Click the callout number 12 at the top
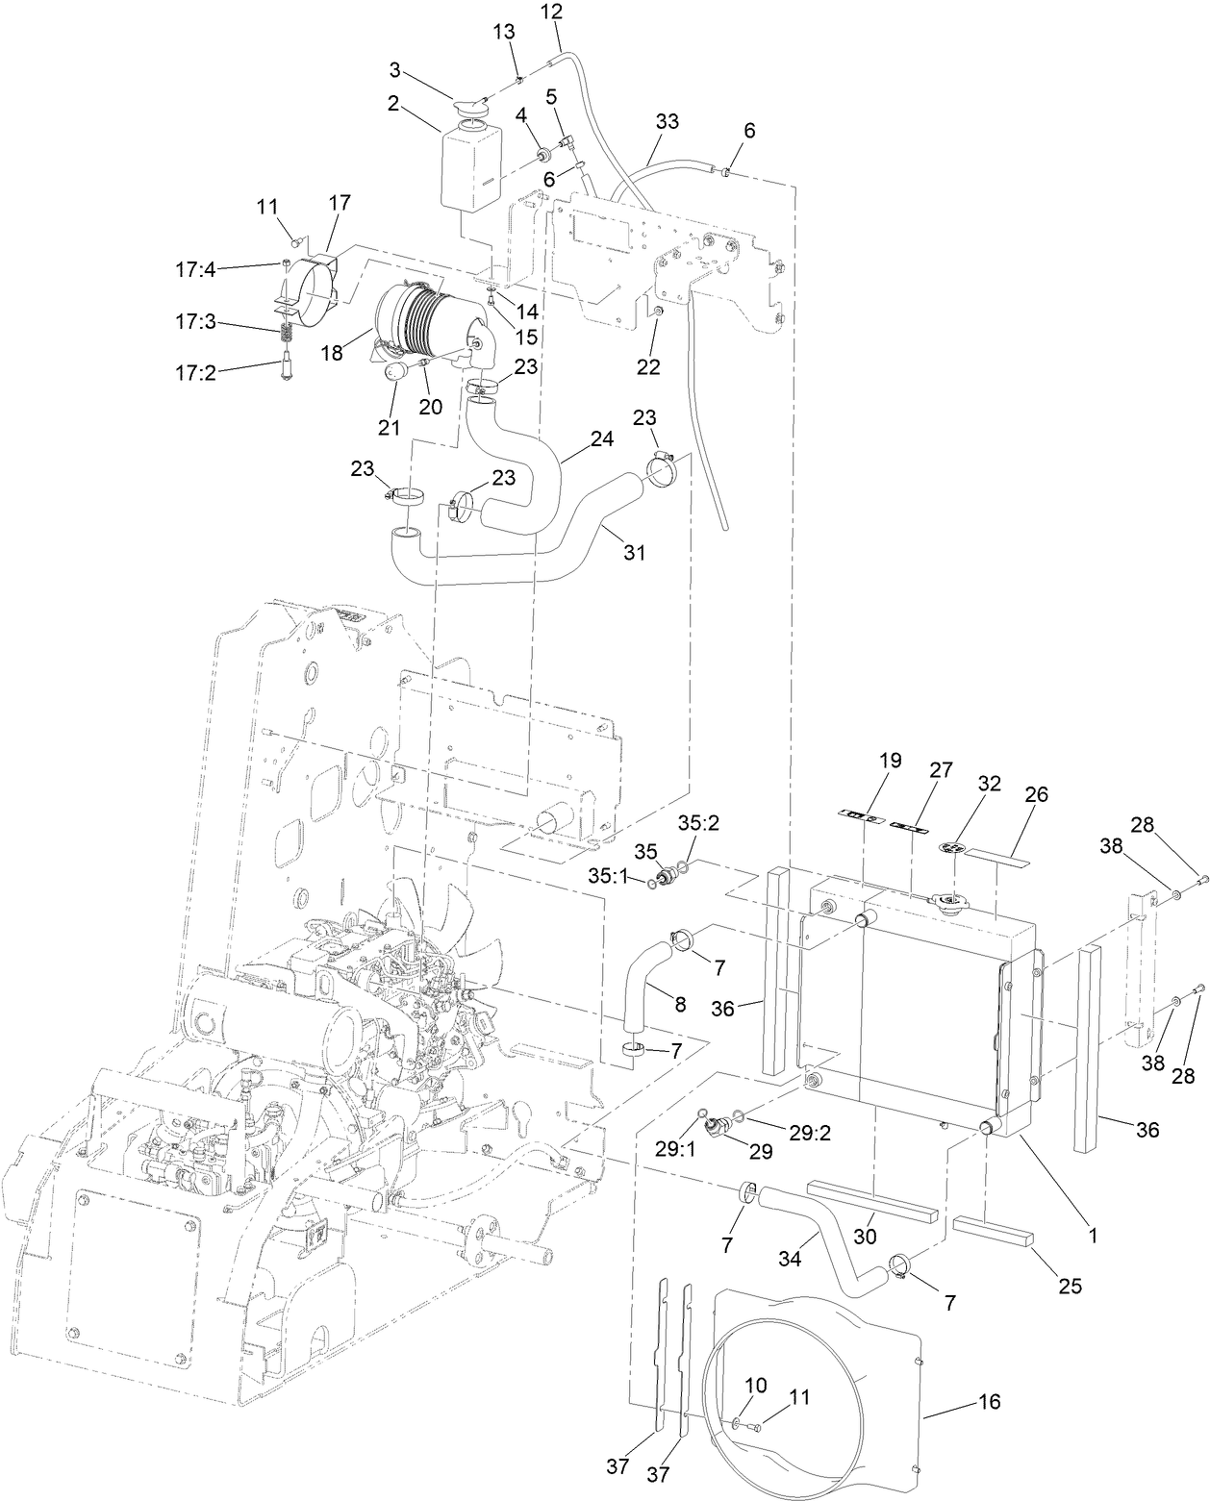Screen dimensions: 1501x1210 tap(551, 13)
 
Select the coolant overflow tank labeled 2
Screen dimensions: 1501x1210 tap(471, 168)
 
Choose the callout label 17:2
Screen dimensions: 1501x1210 tap(195, 371)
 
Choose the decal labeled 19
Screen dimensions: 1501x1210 tap(861, 817)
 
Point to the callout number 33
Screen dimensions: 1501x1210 tap(667, 122)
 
